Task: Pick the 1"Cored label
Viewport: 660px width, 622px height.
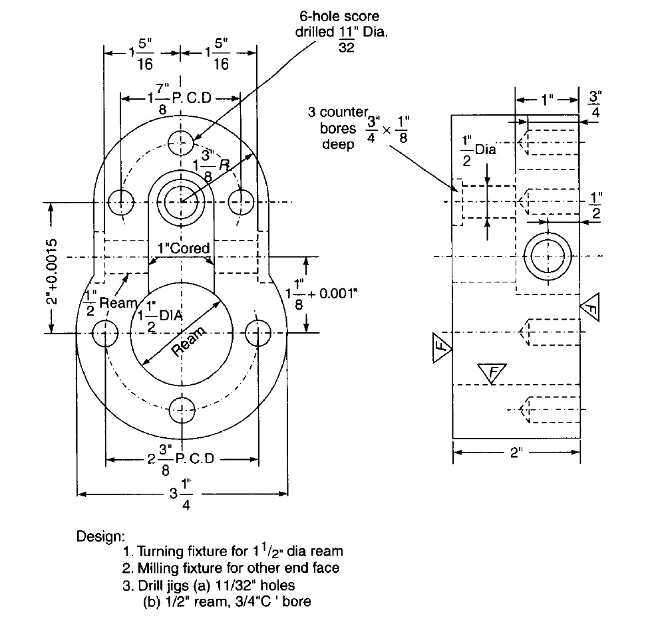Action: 183,249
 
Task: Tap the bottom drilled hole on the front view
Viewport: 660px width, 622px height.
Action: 182,409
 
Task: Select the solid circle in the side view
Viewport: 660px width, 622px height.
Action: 548,257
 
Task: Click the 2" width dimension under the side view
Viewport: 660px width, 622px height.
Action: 516,453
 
